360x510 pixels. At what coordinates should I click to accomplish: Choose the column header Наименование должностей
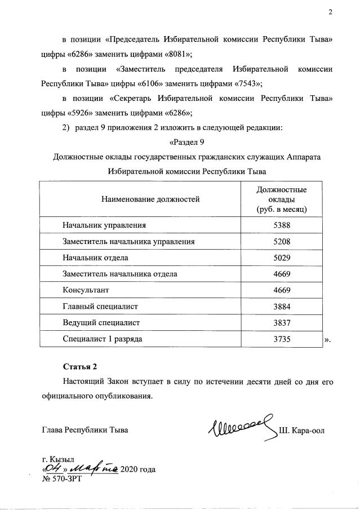(150, 199)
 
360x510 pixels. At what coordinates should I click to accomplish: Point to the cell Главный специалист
(100, 307)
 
